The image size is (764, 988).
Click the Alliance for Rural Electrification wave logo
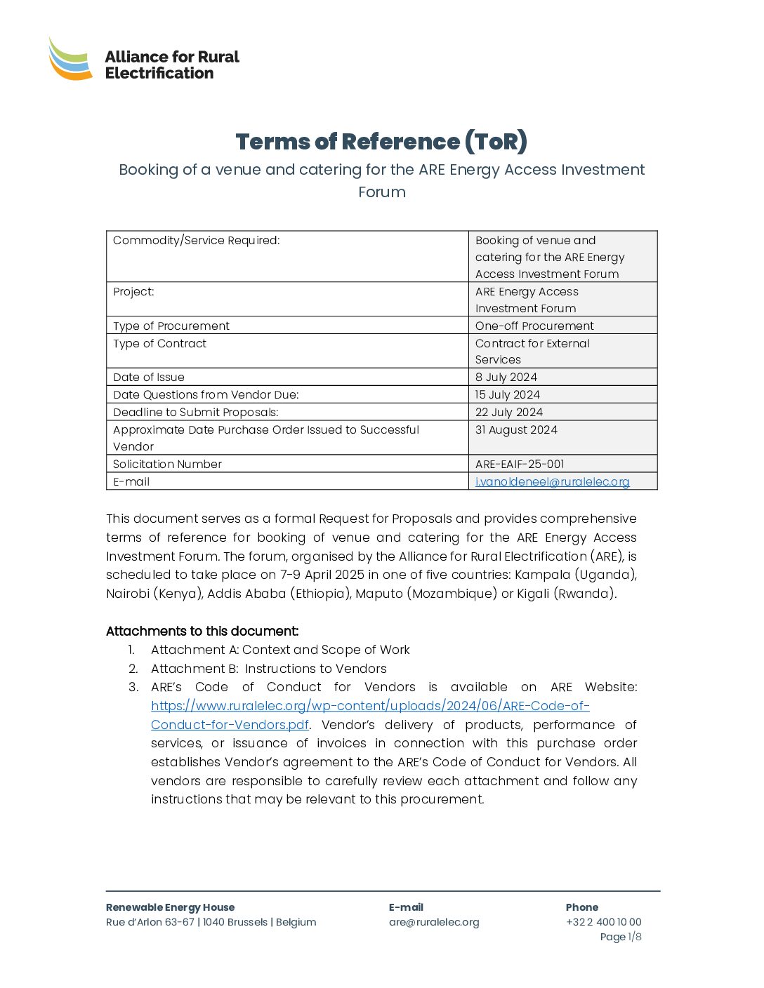pyautogui.click(x=70, y=59)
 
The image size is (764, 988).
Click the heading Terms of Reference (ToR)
pyautogui.click(x=381, y=142)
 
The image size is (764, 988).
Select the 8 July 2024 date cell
pyautogui.click(x=506, y=378)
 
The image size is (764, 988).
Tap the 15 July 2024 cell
pyautogui.click(x=508, y=395)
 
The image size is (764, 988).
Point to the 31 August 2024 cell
pyautogui.click(x=516, y=430)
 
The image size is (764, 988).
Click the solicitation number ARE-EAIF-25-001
pyautogui.click(x=520, y=465)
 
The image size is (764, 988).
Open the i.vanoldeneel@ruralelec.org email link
pyautogui.click(x=552, y=482)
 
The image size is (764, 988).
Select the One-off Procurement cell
pyautogui.click(x=534, y=326)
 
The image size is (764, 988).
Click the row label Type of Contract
pyautogui.click(x=160, y=344)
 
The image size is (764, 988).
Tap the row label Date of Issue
pyautogui.click(x=149, y=378)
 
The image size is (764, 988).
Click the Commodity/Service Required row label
pyautogui.click(x=197, y=241)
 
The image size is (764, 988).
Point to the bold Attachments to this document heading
pyautogui.click(x=202, y=632)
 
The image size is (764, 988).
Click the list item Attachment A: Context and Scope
pyautogui.click(x=280, y=650)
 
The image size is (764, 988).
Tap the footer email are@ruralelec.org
pyautogui.click(x=434, y=923)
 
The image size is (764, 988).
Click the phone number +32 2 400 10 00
pyautogui.click(x=604, y=923)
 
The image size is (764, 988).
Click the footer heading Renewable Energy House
pyautogui.click(x=170, y=908)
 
